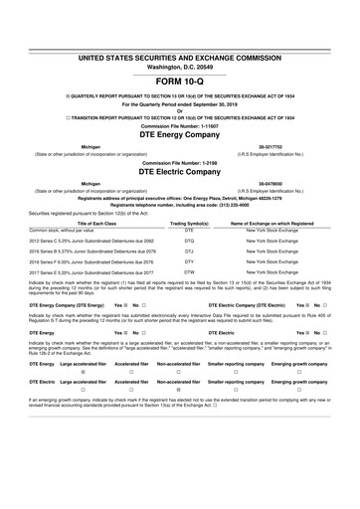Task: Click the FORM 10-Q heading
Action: tap(179, 51)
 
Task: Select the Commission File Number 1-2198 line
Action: tap(179, 159)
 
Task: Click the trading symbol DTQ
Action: tap(189, 243)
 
